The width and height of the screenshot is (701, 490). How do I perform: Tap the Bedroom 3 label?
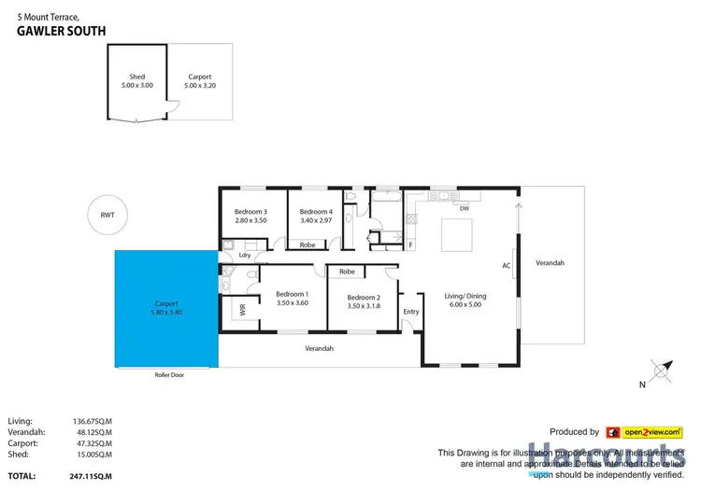coord(250,212)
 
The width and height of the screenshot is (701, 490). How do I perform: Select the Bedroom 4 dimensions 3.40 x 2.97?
coord(316,221)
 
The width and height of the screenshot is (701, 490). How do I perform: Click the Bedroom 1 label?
coord(292,293)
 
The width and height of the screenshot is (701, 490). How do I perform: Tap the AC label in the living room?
coord(506,266)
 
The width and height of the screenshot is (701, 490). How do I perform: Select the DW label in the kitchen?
coord(464,209)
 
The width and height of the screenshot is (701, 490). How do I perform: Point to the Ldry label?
coord(245,254)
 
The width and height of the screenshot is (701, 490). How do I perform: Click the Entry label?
coord(410,311)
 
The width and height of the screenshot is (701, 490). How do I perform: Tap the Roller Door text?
coord(168,374)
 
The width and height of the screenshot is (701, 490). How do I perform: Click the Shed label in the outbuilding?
coord(136,77)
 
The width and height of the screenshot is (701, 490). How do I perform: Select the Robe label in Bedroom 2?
coord(347,272)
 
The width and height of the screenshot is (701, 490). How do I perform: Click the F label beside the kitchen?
coord(410,245)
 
